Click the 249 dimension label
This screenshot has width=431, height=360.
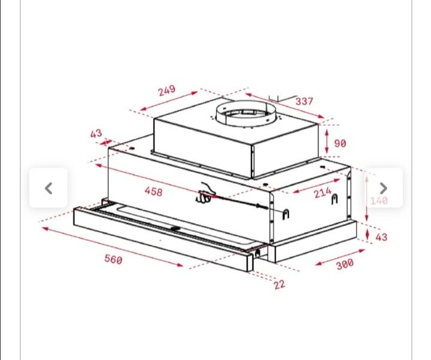pos(166,90)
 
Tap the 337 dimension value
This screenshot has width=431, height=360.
pos(304,101)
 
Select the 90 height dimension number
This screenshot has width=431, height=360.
pos(340,144)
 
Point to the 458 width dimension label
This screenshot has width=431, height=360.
pos(153,192)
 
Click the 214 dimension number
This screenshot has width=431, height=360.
pos(323,193)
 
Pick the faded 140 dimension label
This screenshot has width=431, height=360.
pos(379,201)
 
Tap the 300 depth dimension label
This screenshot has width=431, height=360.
pos(345,263)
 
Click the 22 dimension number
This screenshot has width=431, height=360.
pos(280,285)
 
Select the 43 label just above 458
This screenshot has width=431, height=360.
pos(96,133)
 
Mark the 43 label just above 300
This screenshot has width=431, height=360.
pos(381,237)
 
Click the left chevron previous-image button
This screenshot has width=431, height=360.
pos(48,188)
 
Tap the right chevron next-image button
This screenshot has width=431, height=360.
pos(384,188)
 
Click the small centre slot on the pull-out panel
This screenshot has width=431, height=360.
pos(175,228)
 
